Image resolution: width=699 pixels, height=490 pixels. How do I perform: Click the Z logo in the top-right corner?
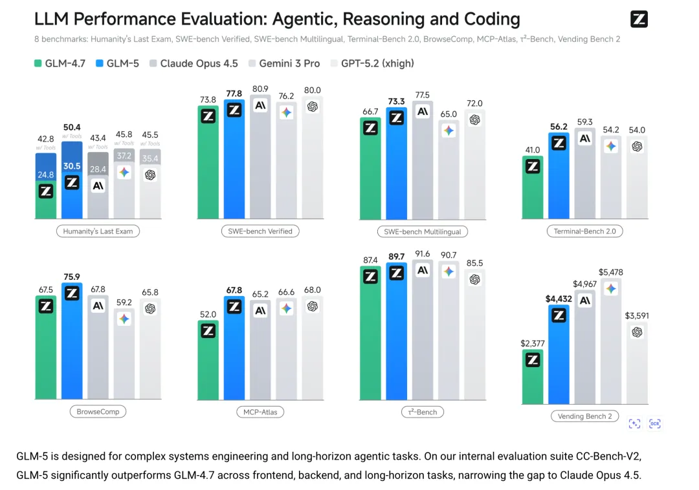(x=639, y=19)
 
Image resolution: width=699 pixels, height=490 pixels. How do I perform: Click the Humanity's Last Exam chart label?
(x=98, y=231)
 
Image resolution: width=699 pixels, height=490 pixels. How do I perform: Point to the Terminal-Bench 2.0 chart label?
(x=584, y=231)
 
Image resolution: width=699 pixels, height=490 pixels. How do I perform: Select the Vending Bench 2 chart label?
(x=584, y=416)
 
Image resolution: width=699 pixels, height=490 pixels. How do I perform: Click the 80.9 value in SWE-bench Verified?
(x=260, y=89)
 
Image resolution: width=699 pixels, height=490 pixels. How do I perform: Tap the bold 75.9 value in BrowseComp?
(x=72, y=277)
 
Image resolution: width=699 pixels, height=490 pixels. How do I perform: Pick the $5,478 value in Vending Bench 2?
(x=611, y=272)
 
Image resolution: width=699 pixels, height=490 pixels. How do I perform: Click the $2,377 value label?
(x=533, y=343)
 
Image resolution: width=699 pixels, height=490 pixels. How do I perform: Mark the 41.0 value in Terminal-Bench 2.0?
(x=533, y=150)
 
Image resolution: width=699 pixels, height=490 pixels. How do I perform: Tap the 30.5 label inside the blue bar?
(x=72, y=165)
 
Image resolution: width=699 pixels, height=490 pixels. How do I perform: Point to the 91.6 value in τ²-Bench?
(x=422, y=254)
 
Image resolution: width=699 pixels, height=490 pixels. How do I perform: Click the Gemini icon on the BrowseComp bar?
(x=124, y=319)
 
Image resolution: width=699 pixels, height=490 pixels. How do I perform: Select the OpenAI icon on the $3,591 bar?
(x=637, y=332)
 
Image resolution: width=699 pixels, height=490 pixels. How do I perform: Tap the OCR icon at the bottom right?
(x=655, y=423)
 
